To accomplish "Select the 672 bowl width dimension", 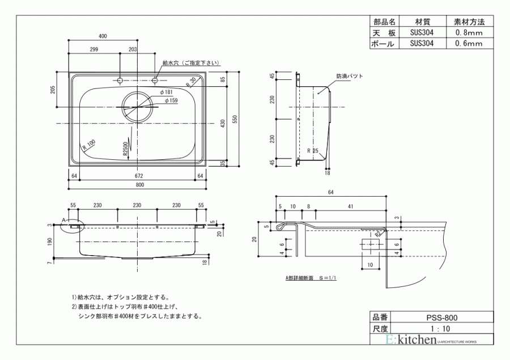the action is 139,176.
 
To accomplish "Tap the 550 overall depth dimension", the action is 236,119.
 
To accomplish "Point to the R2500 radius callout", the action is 126,149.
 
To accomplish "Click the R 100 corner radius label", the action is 89,145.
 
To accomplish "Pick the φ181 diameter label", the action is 166,92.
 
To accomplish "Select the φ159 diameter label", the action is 171,100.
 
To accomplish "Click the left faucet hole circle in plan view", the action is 120,80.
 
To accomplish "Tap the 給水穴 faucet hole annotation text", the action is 191,63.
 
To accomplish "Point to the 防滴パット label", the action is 350,76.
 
